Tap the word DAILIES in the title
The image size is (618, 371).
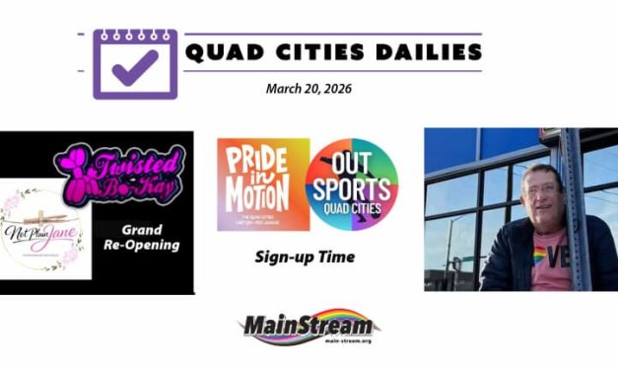[425, 50]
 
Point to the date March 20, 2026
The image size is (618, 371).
[309, 88]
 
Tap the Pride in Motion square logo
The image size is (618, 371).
[263, 185]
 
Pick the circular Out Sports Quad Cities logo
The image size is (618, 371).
[351, 185]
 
